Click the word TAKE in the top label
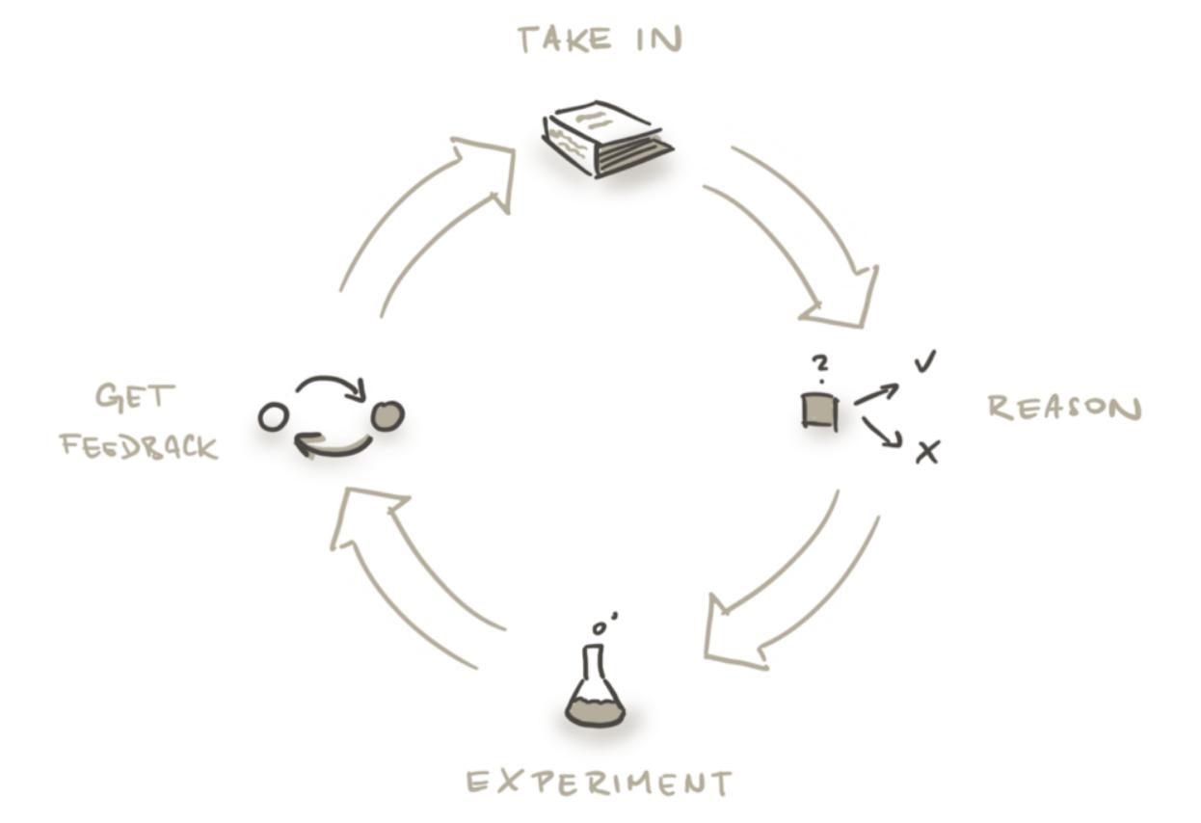pyautogui.click(x=565, y=40)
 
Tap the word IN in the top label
pyautogui.click(x=659, y=40)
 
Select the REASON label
pyautogui.click(x=1065, y=408)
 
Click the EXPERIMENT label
pyautogui.click(x=600, y=783)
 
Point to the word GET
pyautogui.click(x=135, y=397)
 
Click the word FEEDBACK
pyautogui.click(x=140, y=446)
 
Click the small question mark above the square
pyautogui.click(x=820, y=368)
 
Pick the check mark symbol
pyautogui.click(x=925, y=360)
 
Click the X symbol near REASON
pyautogui.click(x=927, y=452)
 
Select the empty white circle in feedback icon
pyautogui.click(x=274, y=416)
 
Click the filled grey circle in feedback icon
pyautogui.click(x=387, y=415)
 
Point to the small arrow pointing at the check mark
pyautogui.click(x=876, y=394)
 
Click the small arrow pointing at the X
pyautogui.click(x=881, y=433)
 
